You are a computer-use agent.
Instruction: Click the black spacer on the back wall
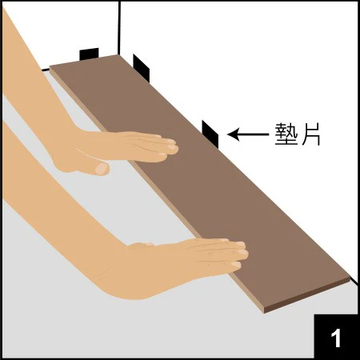point(89,54)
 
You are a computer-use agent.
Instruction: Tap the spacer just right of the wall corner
point(141,68)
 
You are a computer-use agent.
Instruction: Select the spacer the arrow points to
point(210,134)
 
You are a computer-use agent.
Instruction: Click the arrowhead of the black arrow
point(233,134)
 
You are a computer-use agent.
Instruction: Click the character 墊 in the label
point(286,134)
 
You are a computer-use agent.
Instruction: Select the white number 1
point(336,338)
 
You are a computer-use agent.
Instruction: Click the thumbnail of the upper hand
point(102,169)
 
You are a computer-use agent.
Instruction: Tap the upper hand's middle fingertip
point(174,148)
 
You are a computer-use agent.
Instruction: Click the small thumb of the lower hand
point(141,245)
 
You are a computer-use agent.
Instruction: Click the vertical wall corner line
point(119,27)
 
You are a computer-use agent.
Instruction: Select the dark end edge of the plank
point(307,295)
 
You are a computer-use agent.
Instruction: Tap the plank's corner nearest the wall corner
point(118,55)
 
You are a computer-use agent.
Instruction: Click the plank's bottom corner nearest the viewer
point(264,312)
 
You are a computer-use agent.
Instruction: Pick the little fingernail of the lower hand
point(236,265)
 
